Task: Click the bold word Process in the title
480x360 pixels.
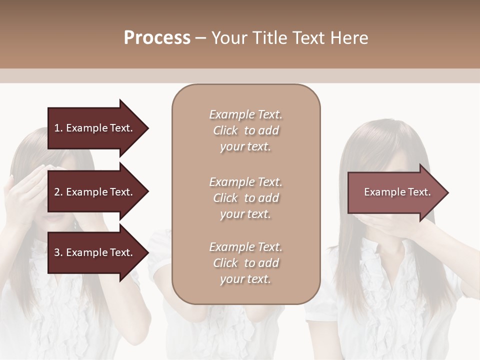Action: click(157, 38)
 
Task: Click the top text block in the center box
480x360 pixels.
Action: click(245, 130)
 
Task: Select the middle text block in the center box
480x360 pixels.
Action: click(245, 198)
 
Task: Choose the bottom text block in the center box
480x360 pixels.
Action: click(245, 263)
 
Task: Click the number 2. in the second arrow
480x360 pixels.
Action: click(58, 192)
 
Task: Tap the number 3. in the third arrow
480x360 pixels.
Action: click(58, 252)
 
